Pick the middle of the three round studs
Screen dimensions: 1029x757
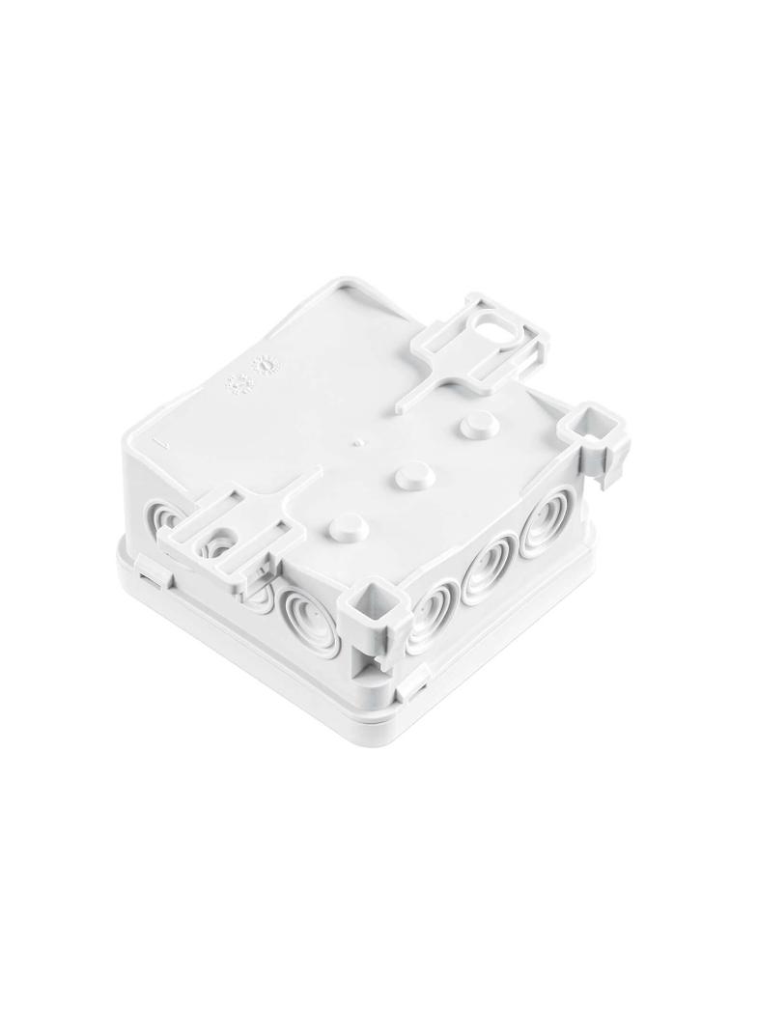[x=409, y=475]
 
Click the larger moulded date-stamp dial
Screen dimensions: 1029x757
[x=264, y=367]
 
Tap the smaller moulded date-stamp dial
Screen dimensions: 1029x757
[x=235, y=384]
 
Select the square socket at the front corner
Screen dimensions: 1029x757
[x=370, y=602]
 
